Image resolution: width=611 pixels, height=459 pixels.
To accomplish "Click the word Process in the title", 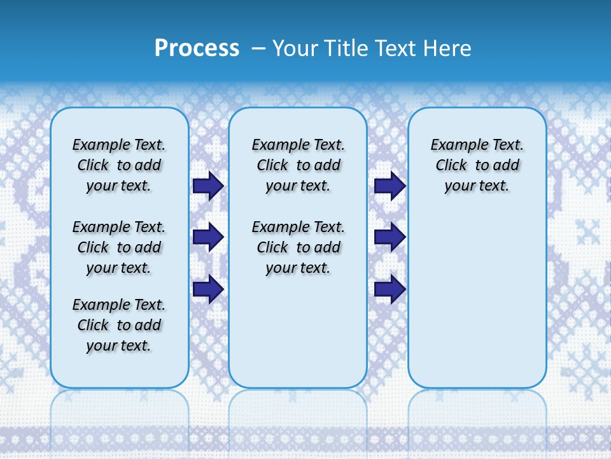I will click(x=197, y=48).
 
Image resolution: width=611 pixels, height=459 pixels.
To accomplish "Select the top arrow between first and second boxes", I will click(x=207, y=186).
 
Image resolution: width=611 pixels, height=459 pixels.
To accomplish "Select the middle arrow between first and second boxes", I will click(x=207, y=237).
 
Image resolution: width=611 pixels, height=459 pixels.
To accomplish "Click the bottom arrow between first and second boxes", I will click(x=207, y=289).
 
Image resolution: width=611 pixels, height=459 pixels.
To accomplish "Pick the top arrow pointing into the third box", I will click(x=390, y=186).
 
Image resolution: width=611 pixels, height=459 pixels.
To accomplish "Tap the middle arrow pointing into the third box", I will click(x=390, y=237).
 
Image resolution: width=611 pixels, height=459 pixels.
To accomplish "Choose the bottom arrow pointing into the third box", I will click(x=390, y=289).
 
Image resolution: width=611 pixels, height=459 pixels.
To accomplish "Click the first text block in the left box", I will click(x=119, y=165).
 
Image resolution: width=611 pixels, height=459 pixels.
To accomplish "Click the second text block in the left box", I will click(x=119, y=247).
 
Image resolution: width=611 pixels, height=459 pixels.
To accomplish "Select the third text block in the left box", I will click(x=119, y=325).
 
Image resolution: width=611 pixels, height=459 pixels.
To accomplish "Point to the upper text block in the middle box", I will click(x=298, y=165).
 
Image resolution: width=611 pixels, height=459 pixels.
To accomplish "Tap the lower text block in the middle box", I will click(x=298, y=247).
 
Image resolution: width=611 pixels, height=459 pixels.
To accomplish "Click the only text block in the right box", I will click(x=477, y=165).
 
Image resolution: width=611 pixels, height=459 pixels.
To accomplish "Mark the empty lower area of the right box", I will click(x=477, y=300).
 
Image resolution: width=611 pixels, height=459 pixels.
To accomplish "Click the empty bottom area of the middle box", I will click(x=298, y=338).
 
